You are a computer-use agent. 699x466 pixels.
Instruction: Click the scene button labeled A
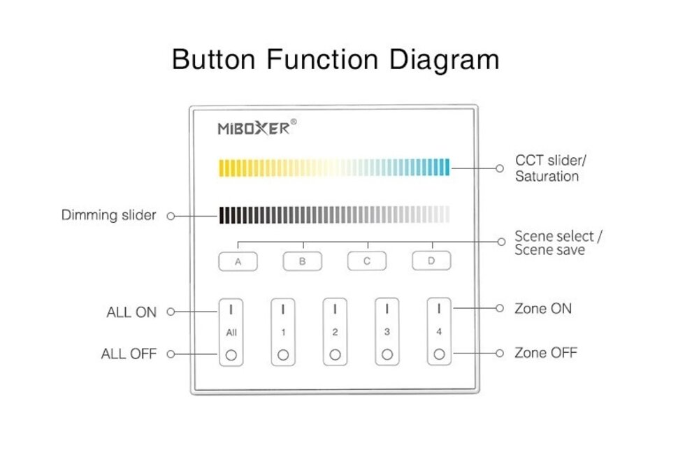[x=238, y=262]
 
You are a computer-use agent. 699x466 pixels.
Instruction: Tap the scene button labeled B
[x=303, y=262]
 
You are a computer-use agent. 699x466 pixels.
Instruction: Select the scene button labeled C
[x=368, y=262]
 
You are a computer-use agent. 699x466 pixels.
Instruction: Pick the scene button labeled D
[x=431, y=262]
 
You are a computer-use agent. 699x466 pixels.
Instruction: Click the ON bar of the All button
[x=231, y=308]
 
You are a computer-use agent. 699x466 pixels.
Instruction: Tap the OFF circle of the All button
[x=231, y=355]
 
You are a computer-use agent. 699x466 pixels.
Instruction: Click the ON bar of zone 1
[x=283, y=308]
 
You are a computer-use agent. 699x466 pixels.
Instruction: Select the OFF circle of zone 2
[x=335, y=355]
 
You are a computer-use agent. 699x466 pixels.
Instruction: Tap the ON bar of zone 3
[x=387, y=308]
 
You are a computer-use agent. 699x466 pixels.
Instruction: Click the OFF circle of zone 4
[x=439, y=355]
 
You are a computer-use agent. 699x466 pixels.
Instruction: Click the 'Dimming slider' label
[x=108, y=215]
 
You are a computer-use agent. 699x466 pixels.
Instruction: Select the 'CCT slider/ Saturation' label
[x=550, y=168]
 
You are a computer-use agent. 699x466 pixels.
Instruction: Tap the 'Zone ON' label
[x=542, y=308]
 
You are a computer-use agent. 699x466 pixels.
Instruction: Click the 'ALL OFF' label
[x=129, y=354]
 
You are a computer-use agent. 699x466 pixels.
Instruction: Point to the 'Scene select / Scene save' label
[x=558, y=242]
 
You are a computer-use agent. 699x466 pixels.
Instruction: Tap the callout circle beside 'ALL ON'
[x=171, y=312]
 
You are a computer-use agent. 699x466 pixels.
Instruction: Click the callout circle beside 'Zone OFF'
[x=499, y=354]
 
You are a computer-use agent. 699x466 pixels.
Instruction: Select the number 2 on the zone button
[x=335, y=333]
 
